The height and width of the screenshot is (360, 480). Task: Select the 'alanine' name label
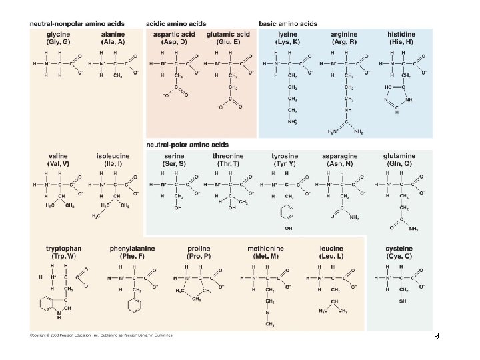(112, 35)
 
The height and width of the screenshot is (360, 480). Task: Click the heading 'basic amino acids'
(288, 23)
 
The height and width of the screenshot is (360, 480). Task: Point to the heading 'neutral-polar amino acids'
(188, 144)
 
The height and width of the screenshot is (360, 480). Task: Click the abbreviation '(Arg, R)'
(345, 42)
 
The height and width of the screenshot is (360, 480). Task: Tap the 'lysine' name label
(288, 35)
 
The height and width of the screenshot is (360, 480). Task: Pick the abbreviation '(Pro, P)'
(199, 256)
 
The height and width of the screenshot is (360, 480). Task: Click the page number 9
(436, 336)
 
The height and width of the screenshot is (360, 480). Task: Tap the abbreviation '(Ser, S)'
(175, 163)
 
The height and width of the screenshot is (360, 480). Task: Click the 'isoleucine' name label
(113, 156)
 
